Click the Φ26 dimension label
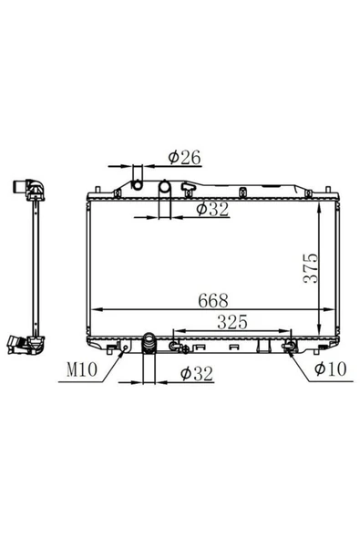pyautogui.click(x=184, y=158)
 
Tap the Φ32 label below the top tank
pyautogui.click(x=212, y=209)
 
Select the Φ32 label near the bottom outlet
pyautogui.click(x=197, y=374)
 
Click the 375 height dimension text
pyautogui.click(x=311, y=268)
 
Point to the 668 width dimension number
pyautogui.click(x=213, y=301)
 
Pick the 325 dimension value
pyautogui.click(x=232, y=322)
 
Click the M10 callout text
pyautogui.click(x=82, y=369)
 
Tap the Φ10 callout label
pyautogui.click(x=331, y=369)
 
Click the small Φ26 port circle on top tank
pyautogui.click(x=138, y=185)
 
